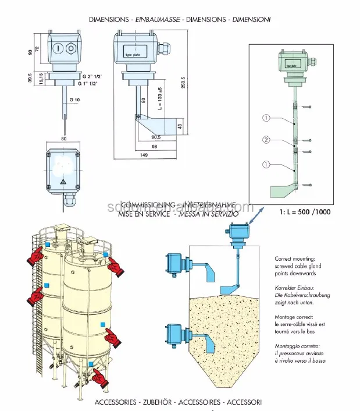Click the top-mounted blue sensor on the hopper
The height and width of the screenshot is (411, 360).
(x=237, y=233)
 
